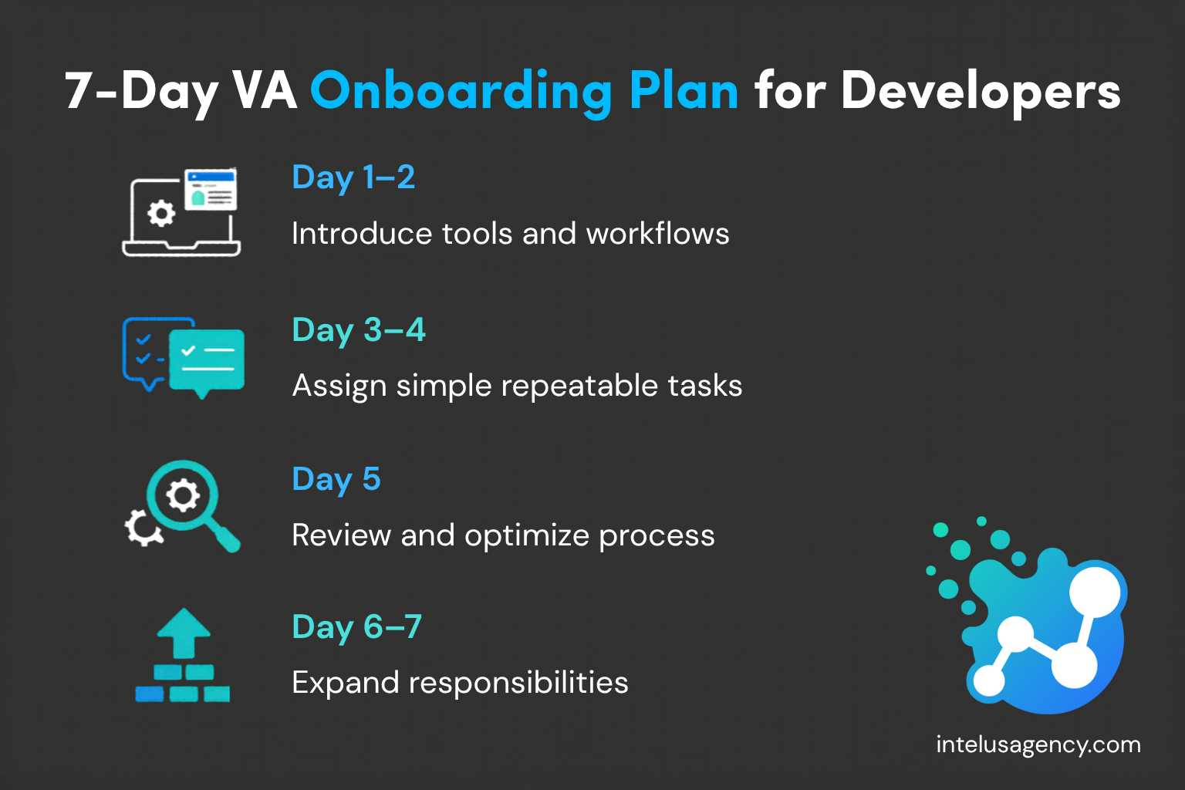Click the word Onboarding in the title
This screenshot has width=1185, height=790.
coord(461,91)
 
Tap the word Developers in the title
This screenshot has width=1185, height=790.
coord(980,91)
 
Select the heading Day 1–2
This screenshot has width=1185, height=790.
coord(353,177)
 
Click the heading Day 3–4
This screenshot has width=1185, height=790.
coord(359,330)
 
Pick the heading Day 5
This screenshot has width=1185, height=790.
coord(336,479)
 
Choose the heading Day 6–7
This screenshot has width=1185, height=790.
coord(356,627)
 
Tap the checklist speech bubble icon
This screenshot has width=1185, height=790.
coord(184,356)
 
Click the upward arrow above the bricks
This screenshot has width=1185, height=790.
coord(184,631)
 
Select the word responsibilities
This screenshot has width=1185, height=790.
coord(518,683)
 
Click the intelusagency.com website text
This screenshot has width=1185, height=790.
coord(1038,744)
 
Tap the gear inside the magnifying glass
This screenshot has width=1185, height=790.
coord(183,495)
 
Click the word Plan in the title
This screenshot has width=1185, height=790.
coord(684,91)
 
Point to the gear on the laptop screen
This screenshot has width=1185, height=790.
coord(160,213)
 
